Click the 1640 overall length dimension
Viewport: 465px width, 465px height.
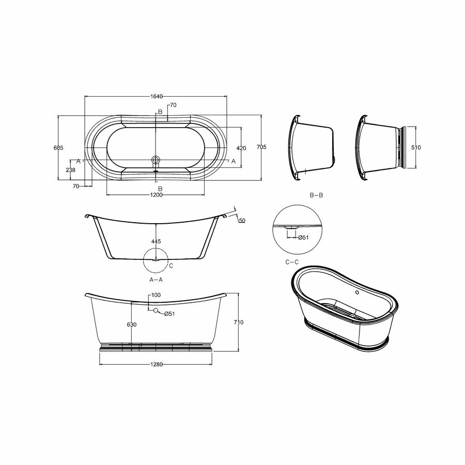point(156,97)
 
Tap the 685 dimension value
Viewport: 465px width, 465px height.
point(58,148)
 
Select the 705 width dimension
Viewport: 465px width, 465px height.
point(261,147)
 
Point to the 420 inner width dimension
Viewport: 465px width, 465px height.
point(241,148)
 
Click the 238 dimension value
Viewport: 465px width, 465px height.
point(71,170)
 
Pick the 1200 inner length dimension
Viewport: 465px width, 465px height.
point(156,195)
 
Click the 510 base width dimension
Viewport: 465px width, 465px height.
point(416,147)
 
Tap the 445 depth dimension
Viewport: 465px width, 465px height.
point(156,241)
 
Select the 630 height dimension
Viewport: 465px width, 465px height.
point(132,325)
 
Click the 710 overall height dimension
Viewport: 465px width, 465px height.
point(239,322)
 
